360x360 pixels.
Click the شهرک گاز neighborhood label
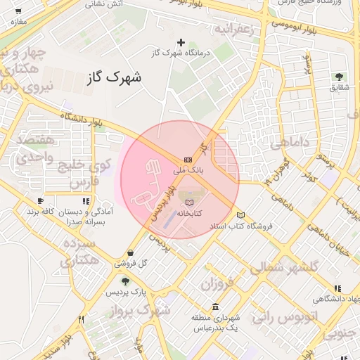click(113, 77)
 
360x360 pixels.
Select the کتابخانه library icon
click(188, 202)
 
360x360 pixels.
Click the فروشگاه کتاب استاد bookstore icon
click(241, 215)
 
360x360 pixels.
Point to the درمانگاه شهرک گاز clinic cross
click(182, 43)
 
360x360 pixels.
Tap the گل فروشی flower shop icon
click(131, 253)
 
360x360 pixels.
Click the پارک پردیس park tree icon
click(125, 282)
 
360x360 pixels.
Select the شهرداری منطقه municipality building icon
click(214, 307)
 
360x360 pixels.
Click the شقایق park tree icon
click(340, 77)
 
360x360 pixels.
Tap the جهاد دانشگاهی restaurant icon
click(339, 288)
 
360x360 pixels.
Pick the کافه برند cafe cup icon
click(40, 200)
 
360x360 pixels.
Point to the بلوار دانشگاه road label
click(82, 120)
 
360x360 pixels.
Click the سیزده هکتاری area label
click(77, 253)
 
